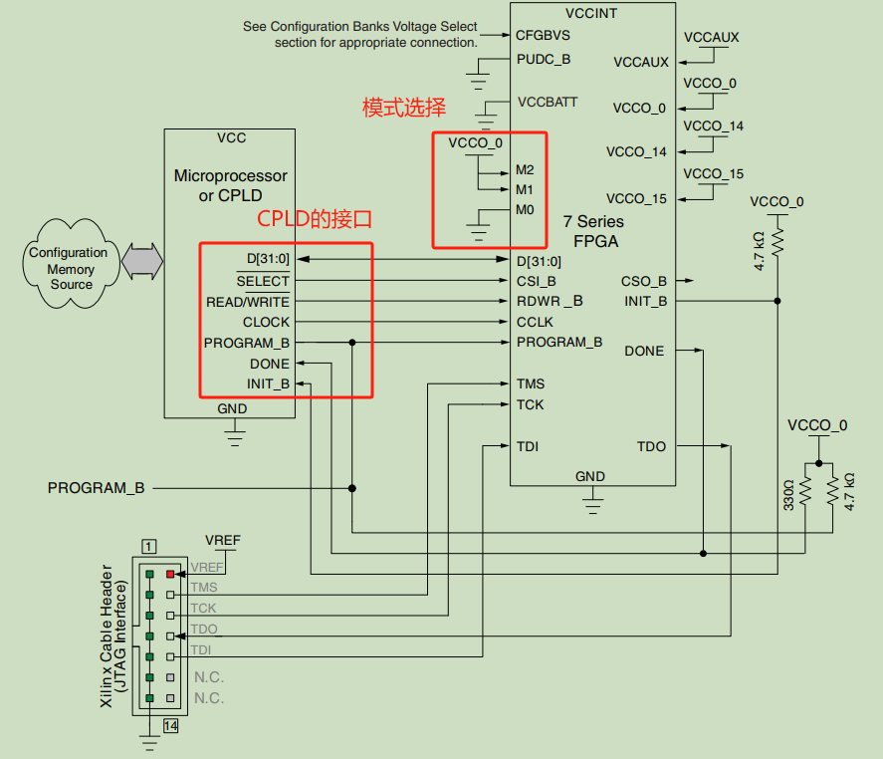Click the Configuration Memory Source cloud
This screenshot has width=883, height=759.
tap(71, 268)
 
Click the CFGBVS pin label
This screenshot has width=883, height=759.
tap(543, 35)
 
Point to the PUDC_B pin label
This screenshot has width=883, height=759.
tap(544, 59)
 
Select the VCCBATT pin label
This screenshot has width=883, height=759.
tap(548, 102)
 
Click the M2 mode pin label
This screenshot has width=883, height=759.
tap(525, 169)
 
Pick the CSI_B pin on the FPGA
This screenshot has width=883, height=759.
tap(536, 281)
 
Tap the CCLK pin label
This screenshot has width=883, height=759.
tap(535, 322)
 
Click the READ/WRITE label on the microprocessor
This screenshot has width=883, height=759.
tap(248, 302)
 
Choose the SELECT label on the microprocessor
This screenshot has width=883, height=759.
tap(263, 282)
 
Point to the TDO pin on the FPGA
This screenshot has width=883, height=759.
tap(651, 446)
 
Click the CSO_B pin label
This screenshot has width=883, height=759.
tap(644, 281)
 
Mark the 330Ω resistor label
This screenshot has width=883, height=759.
tap(788, 495)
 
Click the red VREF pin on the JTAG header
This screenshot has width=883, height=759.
tap(170, 574)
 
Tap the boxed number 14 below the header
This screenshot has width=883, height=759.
tap(170, 726)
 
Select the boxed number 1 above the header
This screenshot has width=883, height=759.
tap(148, 546)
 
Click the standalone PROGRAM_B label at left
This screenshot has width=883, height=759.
tap(96, 488)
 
